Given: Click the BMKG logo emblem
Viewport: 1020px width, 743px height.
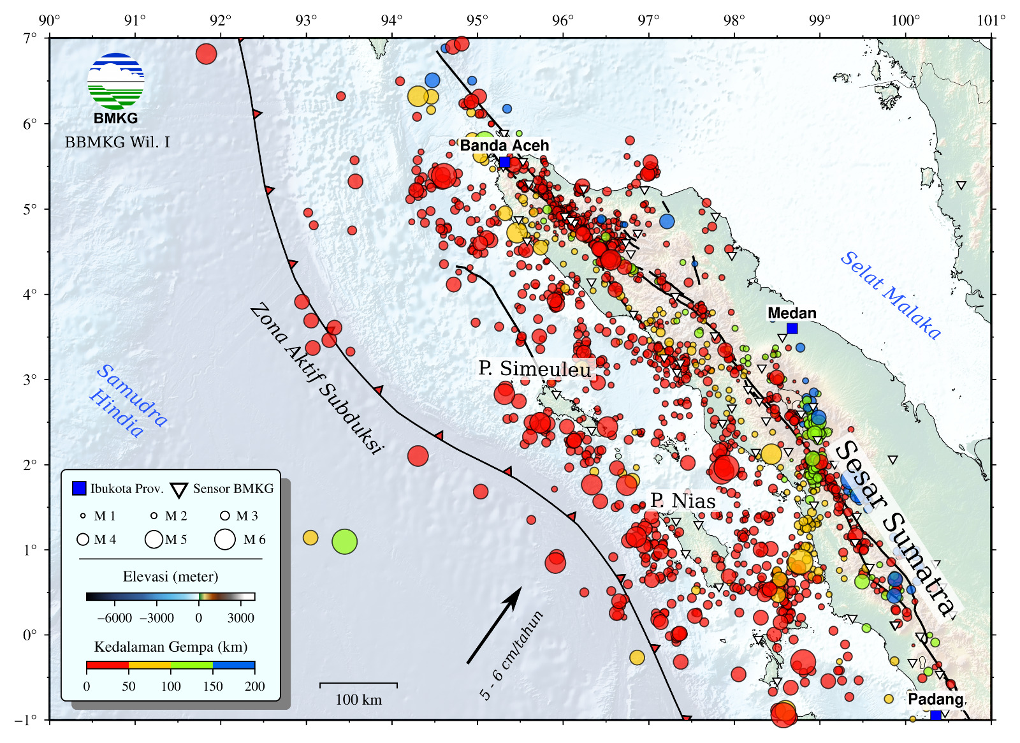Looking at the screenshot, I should pyautogui.click(x=115, y=81).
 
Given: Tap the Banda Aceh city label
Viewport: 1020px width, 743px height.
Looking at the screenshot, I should pyautogui.click(x=504, y=145).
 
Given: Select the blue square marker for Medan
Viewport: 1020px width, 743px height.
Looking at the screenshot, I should pyautogui.click(x=792, y=328).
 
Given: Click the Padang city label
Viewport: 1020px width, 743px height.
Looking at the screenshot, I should pyautogui.click(x=935, y=699).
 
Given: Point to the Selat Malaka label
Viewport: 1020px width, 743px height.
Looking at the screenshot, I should pyautogui.click(x=890, y=295).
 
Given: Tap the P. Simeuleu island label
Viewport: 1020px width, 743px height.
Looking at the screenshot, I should pyautogui.click(x=534, y=369).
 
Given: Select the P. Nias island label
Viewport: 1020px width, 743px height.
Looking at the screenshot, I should pyautogui.click(x=683, y=501).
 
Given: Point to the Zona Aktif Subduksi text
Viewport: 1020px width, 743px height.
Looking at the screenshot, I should pyautogui.click(x=316, y=379).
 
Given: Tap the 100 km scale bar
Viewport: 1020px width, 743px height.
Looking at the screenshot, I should pyautogui.click(x=358, y=684).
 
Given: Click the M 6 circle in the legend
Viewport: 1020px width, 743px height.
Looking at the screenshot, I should pyautogui.click(x=225, y=540).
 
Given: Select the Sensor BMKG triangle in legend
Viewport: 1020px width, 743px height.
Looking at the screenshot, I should pyautogui.click(x=179, y=490).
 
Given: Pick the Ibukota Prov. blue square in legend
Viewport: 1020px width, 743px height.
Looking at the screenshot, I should pyautogui.click(x=79, y=489).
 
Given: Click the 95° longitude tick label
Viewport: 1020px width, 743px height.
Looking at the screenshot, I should pyautogui.click(x=477, y=20).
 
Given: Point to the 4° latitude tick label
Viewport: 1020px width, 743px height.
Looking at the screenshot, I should pyautogui.click(x=30, y=294).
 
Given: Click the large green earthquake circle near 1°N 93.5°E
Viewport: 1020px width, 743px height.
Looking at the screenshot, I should pyautogui.click(x=344, y=541).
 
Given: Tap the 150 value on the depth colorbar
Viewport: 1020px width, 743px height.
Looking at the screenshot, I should pyautogui.click(x=212, y=686).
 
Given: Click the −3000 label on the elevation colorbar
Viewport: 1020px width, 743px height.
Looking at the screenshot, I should pyautogui.click(x=157, y=617).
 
